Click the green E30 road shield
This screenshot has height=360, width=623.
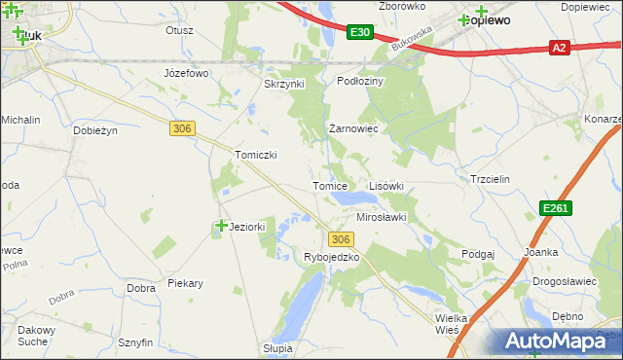pyautogui.click(x=359, y=32)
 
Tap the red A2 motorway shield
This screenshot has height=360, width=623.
pyautogui.click(x=559, y=47)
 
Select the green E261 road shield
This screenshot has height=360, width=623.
pyautogui.click(x=556, y=208)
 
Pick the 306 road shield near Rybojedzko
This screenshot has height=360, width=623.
pyautogui.click(x=340, y=239)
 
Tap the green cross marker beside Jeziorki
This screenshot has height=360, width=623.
pyautogui.click(x=221, y=226)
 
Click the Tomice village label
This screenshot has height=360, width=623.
pyautogui.click(x=329, y=186)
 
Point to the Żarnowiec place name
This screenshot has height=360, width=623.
pyautogui.click(x=352, y=128)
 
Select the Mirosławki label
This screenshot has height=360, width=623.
pyautogui.click(x=381, y=218)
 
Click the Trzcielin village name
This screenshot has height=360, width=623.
pyautogui.click(x=491, y=180)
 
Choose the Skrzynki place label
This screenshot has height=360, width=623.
pyautogui.click(x=284, y=84)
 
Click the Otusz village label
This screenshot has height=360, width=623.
pyautogui.click(x=180, y=30)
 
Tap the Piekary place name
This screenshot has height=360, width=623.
pyautogui.click(x=185, y=284)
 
